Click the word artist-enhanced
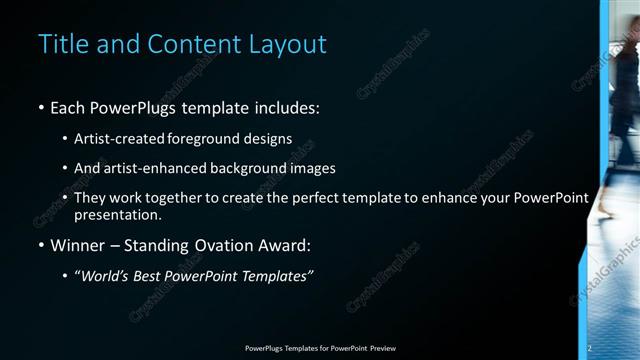point(155,168)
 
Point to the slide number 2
point(590,347)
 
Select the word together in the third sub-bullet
point(194,198)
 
